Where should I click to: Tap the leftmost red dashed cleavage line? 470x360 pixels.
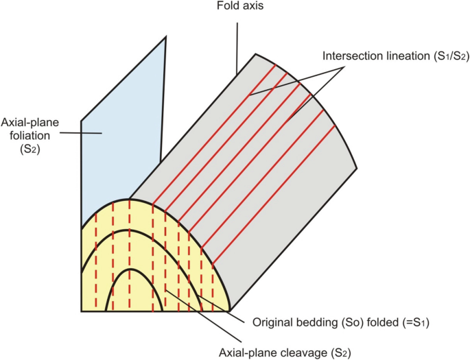pos(96,261)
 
